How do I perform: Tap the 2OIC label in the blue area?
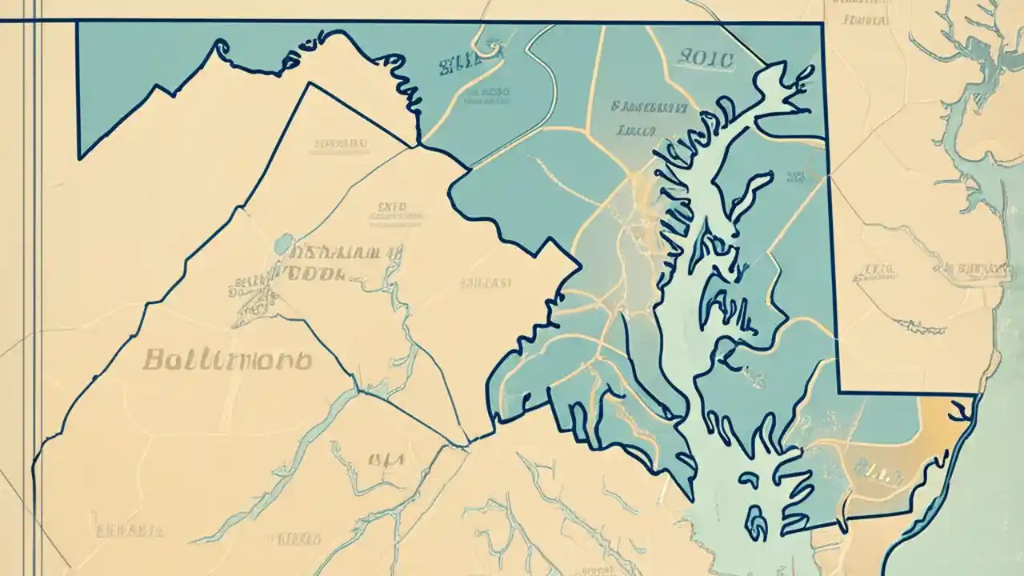[x=704, y=58]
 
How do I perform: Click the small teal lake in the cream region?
[x=282, y=242]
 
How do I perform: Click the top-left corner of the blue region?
[x=77, y=23]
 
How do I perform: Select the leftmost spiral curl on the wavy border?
[x=220, y=46]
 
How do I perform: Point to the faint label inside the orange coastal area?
[x=880, y=466]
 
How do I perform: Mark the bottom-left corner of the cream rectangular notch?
[x=838, y=392]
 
